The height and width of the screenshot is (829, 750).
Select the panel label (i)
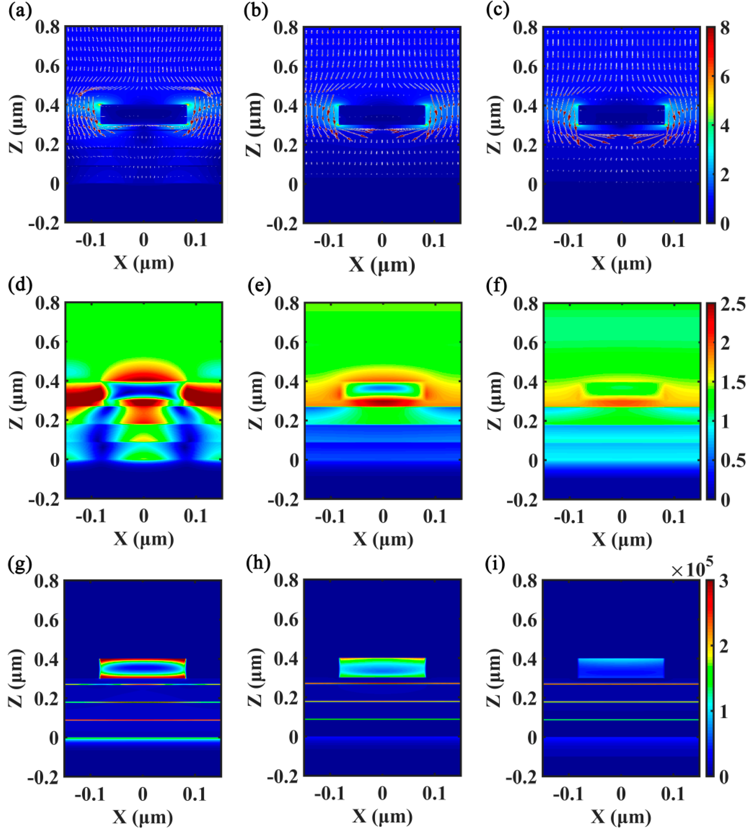tap(495, 565)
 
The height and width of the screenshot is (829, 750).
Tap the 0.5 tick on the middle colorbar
tap(733, 461)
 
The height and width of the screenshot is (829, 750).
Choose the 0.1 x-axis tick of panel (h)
tap(435, 793)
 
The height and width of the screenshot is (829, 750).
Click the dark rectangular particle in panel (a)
tap(143, 114)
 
